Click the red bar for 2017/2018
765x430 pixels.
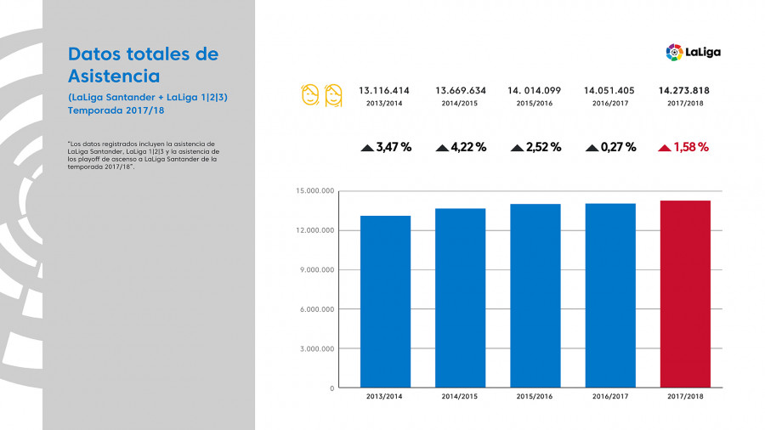pyautogui.click(x=685, y=294)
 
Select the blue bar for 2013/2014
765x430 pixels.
pyautogui.click(x=385, y=302)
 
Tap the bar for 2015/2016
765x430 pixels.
pyautogui.click(x=535, y=296)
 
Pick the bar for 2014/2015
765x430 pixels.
pyautogui.click(x=461, y=297)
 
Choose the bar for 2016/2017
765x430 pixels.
pyautogui.click(x=610, y=296)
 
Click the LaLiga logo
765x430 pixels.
pyautogui.click(x=693, y=53)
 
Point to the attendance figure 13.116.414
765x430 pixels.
pyautogui.click(x=384, y=90)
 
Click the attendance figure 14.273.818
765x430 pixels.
pyautogui.click(x=684, y=90)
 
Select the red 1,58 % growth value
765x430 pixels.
pyautogui.click(x=691, y=147)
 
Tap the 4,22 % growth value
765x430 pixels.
pyautogui.click(x=468, y=147)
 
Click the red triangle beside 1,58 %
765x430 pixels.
pyautogui.click(x=664, y=148)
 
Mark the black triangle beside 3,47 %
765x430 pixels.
pyautogui.click(x=367, y=148)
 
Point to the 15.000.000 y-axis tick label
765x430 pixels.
pyautogui.click(x=314, y=191)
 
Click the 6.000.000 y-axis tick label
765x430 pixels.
pyautogui.click(x=315, y=309)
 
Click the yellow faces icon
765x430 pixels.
pyautogui.click(x=321, y=94)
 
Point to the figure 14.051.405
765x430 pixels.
pyautogui.click(x=609, y=90)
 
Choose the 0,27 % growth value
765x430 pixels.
pyautogui.click(x=618, y=147)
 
